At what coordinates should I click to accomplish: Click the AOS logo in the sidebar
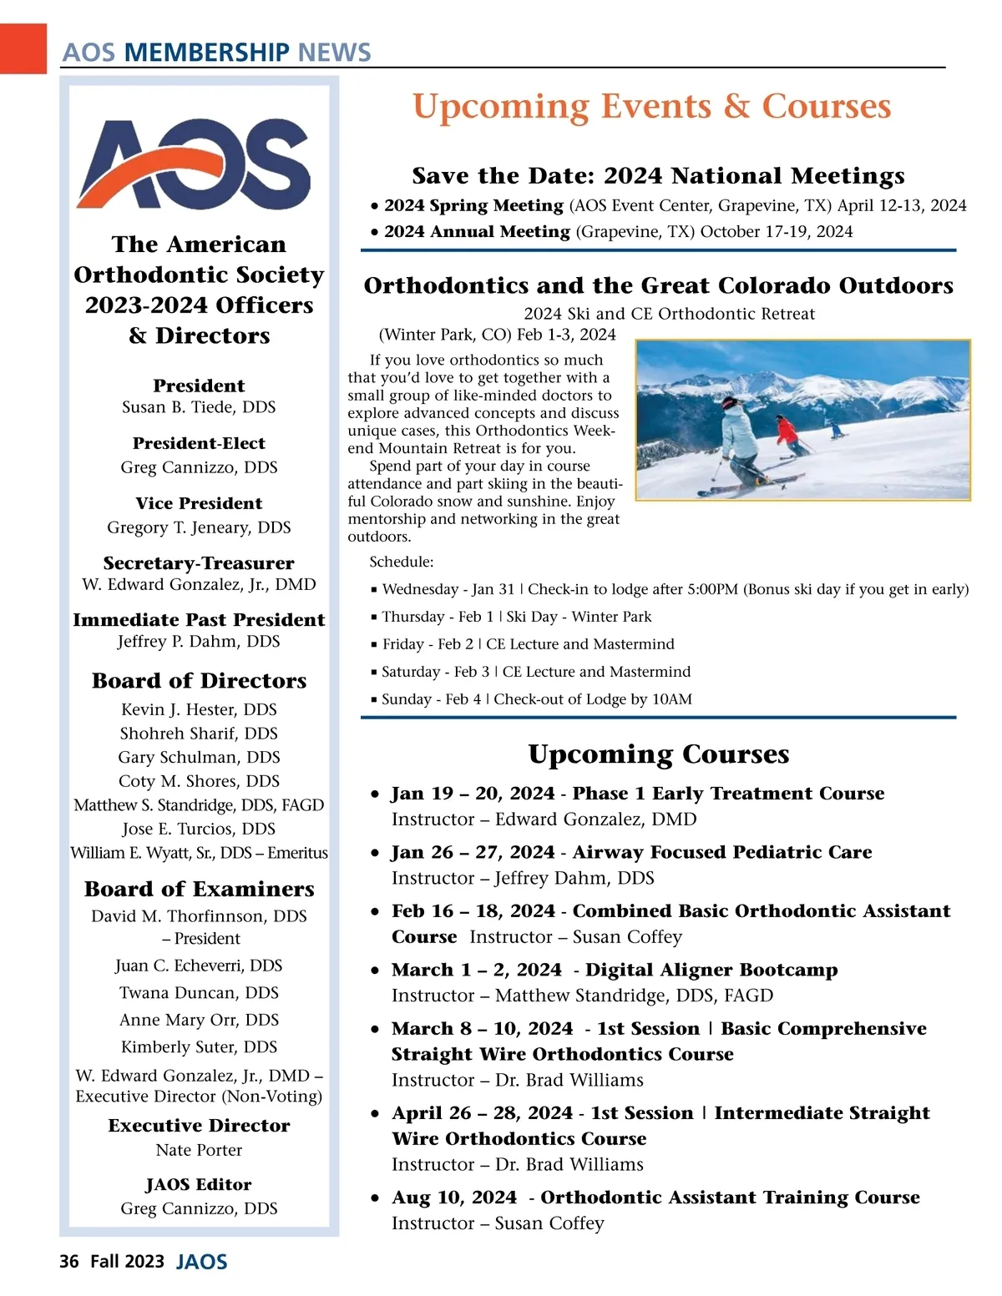point(195,164)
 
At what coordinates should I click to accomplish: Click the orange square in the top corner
point(23,48)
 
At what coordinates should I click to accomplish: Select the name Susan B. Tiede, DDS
point(199,407)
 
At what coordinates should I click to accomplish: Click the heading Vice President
point(199,503)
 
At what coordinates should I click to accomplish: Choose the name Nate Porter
point(199,1150)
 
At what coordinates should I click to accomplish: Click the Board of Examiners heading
point(199,889)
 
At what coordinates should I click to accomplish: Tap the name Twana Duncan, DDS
point(199,993)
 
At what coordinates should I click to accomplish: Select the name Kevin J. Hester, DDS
point(199,709)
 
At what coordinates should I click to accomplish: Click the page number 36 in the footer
point(69,1261)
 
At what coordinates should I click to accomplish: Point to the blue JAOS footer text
point(201,1262)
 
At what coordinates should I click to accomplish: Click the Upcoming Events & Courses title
point(651,106)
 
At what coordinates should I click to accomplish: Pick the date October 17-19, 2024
point(777,231)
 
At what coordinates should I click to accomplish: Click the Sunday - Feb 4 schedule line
point(536,699)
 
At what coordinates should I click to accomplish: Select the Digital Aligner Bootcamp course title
point(711,970)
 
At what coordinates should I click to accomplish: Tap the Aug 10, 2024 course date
point(454,1198)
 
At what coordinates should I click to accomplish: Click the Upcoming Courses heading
point(658,754)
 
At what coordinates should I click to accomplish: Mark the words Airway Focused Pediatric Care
point(722,852)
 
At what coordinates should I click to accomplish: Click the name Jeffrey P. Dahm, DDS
point(199,642)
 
